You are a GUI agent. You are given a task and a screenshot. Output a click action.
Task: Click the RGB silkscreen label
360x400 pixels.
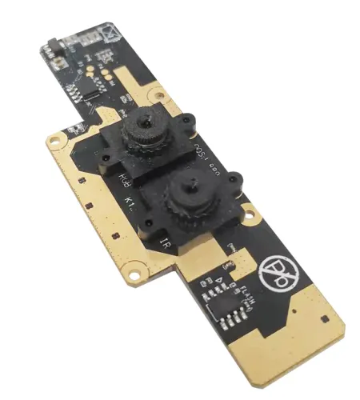(124, 179)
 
